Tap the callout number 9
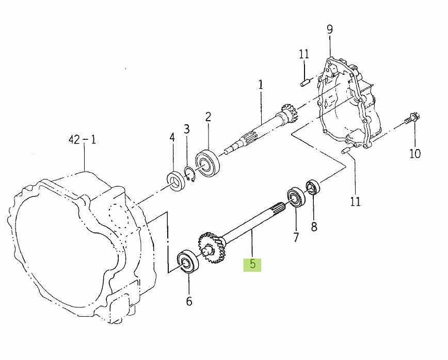point(330,29)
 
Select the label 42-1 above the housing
point(82,140)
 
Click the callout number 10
point(415,154)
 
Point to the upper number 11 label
point(304,54)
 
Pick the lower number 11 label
point(356,202)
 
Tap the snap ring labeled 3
point(189,174)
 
